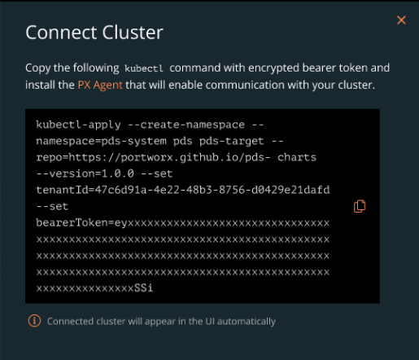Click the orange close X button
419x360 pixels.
coord(401,20)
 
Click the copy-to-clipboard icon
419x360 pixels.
coord(360,206)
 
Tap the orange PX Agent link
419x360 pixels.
coord(100,86)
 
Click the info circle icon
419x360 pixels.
coord(34,321)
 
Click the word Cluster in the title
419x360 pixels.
coord(133,33)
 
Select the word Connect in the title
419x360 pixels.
coord(61,33)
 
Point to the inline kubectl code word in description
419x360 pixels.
coord(144,68)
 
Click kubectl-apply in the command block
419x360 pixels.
coord(78,125)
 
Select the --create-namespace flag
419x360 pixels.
coord(186,125)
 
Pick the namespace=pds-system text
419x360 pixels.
coord(101,141)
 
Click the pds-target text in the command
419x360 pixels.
coord(231,141)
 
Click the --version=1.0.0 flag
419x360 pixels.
coord(85,173)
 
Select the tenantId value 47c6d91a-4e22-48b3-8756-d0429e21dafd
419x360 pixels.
coord(212,190)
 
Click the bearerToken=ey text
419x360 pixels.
coord(81,222)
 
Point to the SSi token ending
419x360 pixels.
coord(144,288)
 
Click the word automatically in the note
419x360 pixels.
coord(247,321)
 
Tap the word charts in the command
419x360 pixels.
coord(297,157)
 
